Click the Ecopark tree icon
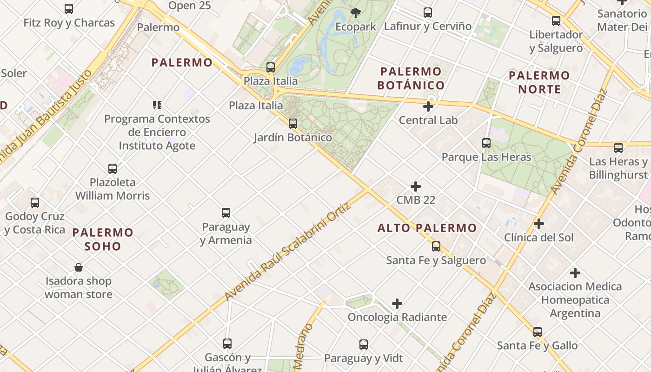tap(356, 13)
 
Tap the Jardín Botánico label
tap(293, 138)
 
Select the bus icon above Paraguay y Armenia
tap(226, 213)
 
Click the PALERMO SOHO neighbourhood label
tap(103, 239)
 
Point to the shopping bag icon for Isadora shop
tap(79, 267)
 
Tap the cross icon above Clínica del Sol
tap(539, 224)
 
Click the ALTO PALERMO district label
tap(427, 228)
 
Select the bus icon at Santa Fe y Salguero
tap(436, 246)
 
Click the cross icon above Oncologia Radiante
tap(397, 304)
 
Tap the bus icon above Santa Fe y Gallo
tap(538, 332)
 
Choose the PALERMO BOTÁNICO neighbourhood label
tap(411, 78)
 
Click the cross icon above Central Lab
tap(428, 106)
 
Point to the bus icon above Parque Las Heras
tap(486, 143)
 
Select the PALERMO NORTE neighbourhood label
tap(539, 82)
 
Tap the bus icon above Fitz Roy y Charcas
tap(69, 9)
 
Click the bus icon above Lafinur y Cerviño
tap(428, 13)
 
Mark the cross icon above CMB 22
tap(416, 186)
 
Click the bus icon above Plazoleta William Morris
tap(113, 168)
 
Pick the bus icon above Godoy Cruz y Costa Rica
tap(35, 203)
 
